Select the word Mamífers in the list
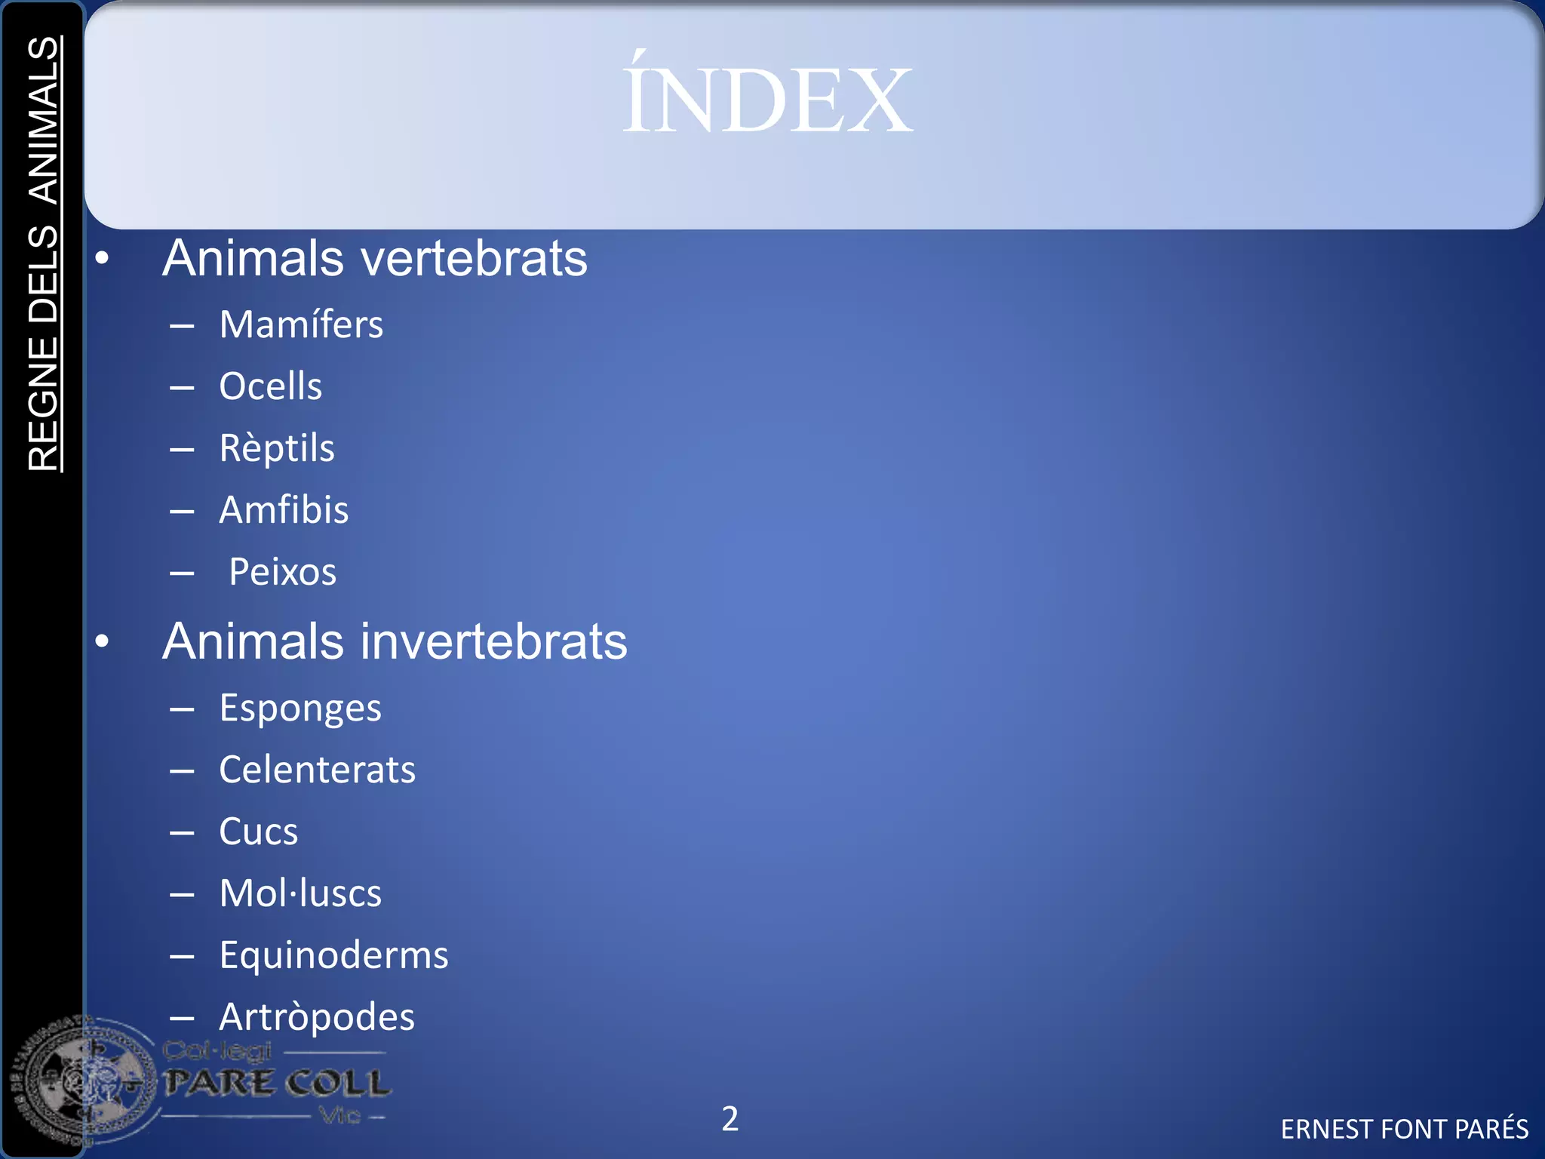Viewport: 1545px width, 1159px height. tap(301, 325)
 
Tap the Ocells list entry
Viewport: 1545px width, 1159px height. tap(270, 386)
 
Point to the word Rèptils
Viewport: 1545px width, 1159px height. tap(277, 448)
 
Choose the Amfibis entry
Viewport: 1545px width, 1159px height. tap(284, 510)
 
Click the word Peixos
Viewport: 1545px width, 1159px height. tap(282, 572)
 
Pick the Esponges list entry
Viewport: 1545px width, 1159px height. tap(300, 709)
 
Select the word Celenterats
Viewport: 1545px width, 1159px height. tap(317, 770)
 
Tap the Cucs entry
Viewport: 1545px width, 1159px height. tap(258, 832)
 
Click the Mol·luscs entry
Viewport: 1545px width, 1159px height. tap(300, 894)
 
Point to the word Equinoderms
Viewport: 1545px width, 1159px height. tap(333, 956)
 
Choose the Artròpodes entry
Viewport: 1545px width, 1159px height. tap(317, 1018)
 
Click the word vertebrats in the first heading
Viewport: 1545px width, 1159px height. tap(475, 259)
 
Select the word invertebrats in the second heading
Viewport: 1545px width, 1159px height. tap(494, 642)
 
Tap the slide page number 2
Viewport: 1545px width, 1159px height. tap(729, 1118)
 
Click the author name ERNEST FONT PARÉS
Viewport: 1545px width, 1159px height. tap(1404, 1129)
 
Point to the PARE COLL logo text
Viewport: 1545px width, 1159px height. tap(278, 1084)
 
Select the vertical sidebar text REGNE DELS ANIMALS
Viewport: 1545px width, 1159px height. tap(44, 254)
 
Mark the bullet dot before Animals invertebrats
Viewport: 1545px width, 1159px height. tap(103, 641)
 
